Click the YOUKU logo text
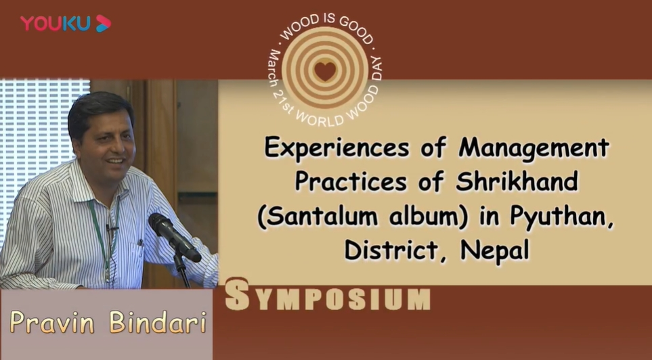click(56, 23)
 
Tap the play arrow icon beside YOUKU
click(103, 23)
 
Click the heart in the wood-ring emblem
click(325, 71)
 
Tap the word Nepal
click(495, 251)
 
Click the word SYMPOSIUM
click(327, 295)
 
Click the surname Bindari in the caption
click(158, 322)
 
